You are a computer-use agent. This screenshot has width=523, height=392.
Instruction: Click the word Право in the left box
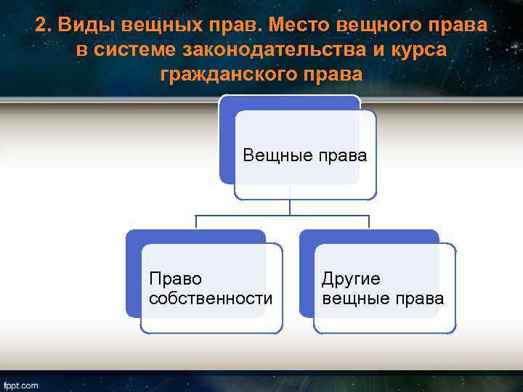coord(175,279)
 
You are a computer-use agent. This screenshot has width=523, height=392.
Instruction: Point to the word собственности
coord(211,298)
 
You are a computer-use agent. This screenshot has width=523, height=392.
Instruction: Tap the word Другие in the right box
coord(351,279)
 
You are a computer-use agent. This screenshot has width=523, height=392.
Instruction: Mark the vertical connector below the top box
coord(290,207)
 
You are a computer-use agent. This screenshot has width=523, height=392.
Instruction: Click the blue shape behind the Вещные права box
coord(227,145)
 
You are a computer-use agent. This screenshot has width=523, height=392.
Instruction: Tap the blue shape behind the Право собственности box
coord(133,276)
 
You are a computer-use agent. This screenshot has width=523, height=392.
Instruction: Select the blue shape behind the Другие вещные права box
coord(307,276)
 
